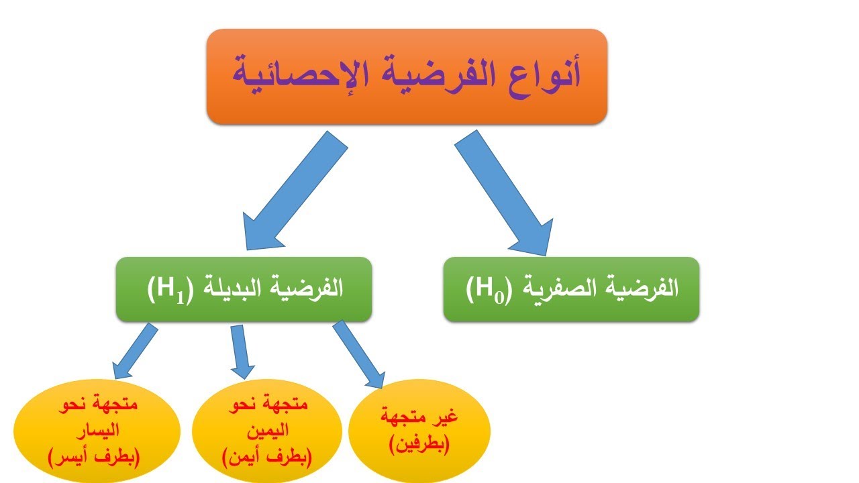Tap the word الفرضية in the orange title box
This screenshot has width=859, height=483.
(x=423, y=75)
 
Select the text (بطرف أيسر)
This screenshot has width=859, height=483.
(x=95, y=460)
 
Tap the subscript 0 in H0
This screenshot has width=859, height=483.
(x=498, y=294)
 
